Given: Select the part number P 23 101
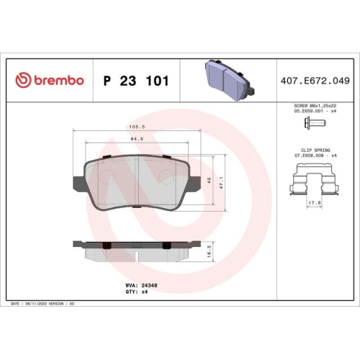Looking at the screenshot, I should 137,81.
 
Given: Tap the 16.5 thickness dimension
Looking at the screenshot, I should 210,250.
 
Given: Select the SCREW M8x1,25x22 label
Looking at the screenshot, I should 315,105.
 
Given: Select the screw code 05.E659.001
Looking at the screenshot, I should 306,111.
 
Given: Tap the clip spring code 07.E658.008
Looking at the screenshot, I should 307,153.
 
